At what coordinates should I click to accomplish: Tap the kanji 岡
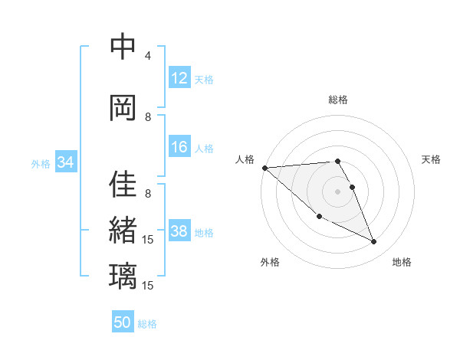[x=123, y=107]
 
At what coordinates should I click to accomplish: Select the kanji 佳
[x=123, y=185]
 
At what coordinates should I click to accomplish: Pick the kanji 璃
[x=123, y=275]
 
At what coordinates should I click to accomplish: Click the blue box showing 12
[x=179, y=79]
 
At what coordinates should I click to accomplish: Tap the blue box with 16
[x=179, y=148]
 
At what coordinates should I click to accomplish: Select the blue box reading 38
[x=179, y=232]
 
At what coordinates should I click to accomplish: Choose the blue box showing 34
[x=65, y=162]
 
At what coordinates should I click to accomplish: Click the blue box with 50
[x=123, y=322]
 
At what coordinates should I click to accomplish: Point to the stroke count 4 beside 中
[x=148, y=56]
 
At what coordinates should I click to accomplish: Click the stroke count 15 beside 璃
[x=148, y=285]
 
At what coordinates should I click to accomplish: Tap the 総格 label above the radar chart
[x=338, y=100]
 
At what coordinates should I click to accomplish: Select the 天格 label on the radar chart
[x=432, y=159]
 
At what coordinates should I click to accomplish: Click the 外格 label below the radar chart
[x=270, y=262]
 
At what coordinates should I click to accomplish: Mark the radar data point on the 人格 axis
[x=264, y=167]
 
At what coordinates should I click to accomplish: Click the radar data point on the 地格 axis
[x=374, y=242]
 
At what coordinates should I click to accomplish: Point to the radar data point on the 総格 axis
[x=338, y=161]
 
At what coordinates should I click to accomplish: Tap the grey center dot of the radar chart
[x=338, y=191]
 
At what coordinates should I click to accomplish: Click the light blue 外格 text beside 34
[x=41, y=163]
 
